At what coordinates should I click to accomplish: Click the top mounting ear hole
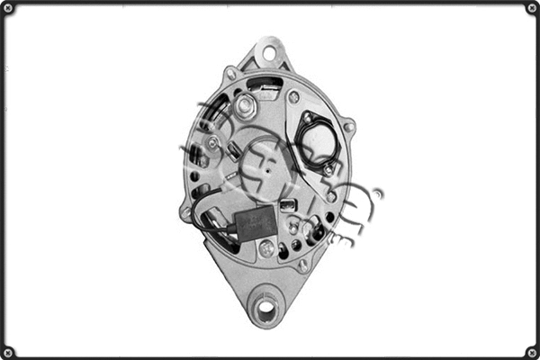[x=268, y=53]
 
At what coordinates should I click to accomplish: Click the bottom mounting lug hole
[x=265, y=309]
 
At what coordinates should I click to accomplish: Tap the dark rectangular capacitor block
[x=257, y=222]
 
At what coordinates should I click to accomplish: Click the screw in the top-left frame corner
[x=8, y=8]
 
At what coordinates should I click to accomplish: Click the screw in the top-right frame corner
[x=531, y=8]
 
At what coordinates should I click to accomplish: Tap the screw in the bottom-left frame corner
[x=8, y=351]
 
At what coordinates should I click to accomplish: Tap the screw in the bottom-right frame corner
[x=531, y=351]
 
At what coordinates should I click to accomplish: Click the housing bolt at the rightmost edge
[x=348, y=127]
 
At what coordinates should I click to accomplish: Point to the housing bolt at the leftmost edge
[x=185, y=214]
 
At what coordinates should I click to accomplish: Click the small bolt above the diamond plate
[x=293, y=96]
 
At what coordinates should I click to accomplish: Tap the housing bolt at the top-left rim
[x=230, y=74]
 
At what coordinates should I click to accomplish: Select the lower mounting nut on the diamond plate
[x=328, y=168]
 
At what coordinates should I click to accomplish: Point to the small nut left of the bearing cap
[x=212, y=142]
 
